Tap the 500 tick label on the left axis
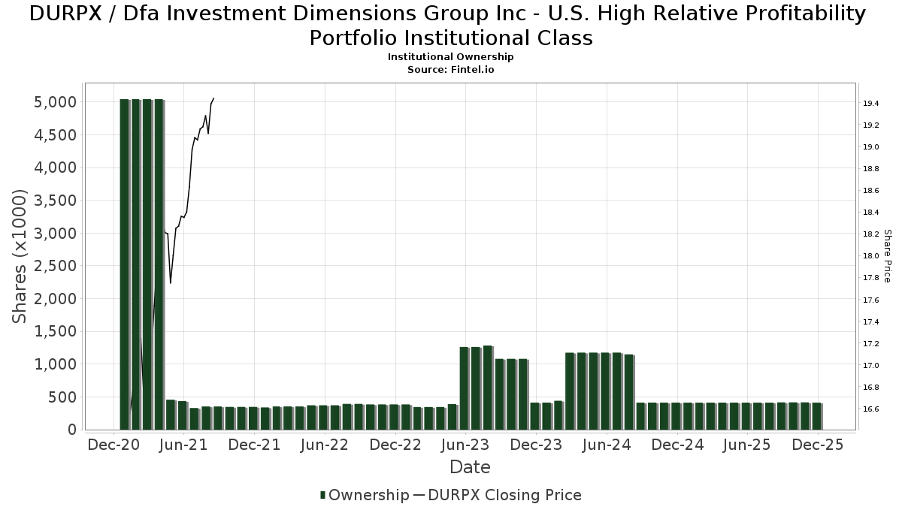[x=62, y=397]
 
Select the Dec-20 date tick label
[x=114, y=445]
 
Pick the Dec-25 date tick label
[x=818, y=445]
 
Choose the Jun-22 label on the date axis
[x=325, y=445]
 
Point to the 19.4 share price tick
[x=871, y=103]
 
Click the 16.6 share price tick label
[x=871, y=409]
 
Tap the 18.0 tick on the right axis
[x=871, y=256]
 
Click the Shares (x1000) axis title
[x=20, y=256]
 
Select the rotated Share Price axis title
[x=888, y=256]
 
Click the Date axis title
[x=470, y=467]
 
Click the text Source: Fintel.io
[x=450, y=69]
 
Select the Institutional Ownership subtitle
[x=450, y=57]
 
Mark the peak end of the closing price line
[x=214, y=98]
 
